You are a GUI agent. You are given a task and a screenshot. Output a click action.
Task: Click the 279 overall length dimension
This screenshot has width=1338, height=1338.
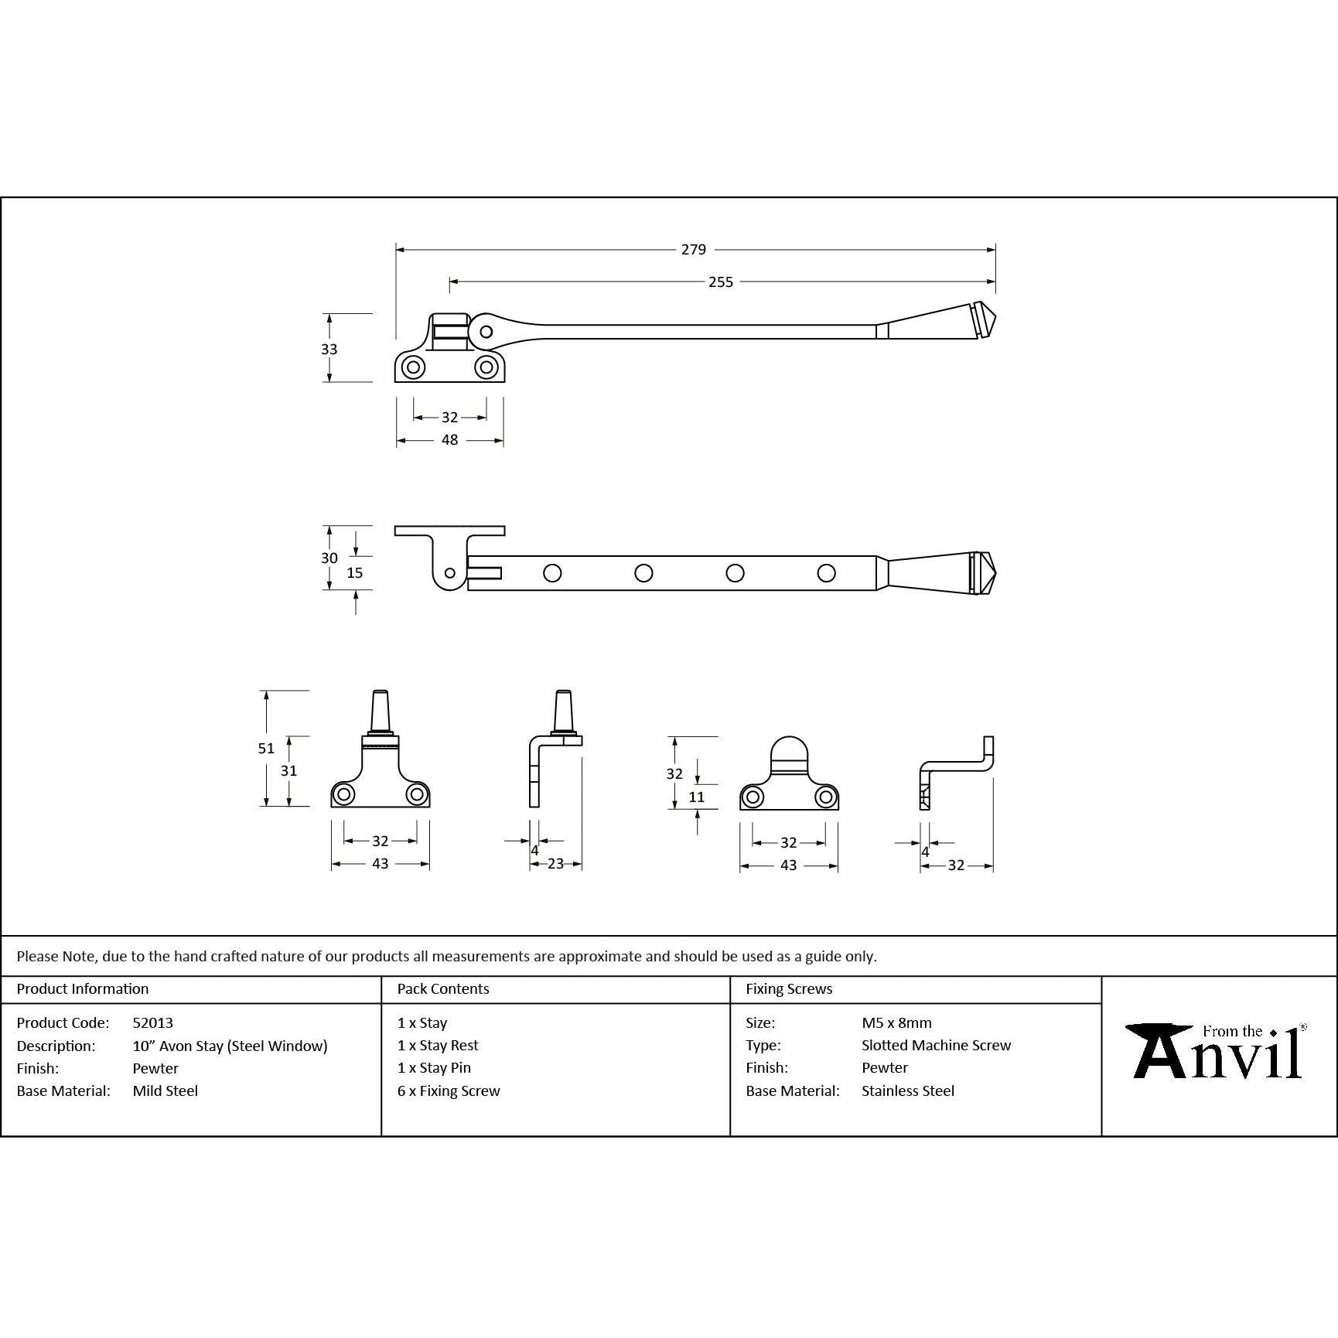pyautogui.click(x=693, y=250)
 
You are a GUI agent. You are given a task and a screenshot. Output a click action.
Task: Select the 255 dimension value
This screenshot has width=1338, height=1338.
pyautogui.click(x=720, y=282)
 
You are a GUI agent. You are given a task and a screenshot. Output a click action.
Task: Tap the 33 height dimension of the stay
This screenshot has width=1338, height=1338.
pyautogui.click(x=329, y=349)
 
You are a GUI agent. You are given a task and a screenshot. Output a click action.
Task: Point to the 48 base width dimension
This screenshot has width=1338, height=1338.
pyautogui.click(x=449, y=440)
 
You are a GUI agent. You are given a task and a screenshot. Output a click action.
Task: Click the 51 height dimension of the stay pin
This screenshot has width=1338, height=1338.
pyautogui.click(x=266, y=748)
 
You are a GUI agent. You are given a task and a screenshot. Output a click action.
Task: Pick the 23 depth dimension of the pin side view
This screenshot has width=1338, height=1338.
pyautogui.click(x=555, y=864)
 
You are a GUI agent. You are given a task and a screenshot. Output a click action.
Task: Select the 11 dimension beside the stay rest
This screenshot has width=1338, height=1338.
pyautogui.click(x=696, y=797)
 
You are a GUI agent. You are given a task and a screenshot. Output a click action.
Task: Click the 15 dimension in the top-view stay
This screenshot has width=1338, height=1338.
pyautogui.click(x=355, y=573)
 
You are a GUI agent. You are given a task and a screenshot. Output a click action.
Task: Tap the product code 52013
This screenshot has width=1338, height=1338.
pyautogui.click(x=153, y=1022)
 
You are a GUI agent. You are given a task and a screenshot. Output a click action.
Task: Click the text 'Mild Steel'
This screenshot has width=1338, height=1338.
pyautogui.click(x=166, y=1091)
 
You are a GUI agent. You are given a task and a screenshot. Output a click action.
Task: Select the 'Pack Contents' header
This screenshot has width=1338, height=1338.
pyautogui.click(x=443, y=988)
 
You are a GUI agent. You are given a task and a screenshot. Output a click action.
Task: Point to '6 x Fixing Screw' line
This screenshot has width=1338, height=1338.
pyautogui.click(x=449, y=1091)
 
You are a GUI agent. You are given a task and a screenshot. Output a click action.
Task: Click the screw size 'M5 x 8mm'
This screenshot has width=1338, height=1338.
pyautogui.click(x=896, y=1022)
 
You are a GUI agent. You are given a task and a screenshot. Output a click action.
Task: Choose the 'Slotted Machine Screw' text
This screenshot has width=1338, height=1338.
pyautogui.click(x=936, y=1045)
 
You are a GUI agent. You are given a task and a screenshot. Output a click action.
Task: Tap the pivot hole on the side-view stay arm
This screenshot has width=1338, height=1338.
pyautogui.click(x=486, y=333)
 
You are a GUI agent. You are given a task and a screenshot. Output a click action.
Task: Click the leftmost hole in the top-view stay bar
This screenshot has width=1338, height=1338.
pyautogui.click(x=552, y=573)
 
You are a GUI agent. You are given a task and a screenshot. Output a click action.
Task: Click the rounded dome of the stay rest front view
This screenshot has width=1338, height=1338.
pyautogui.click(x=789, y=749)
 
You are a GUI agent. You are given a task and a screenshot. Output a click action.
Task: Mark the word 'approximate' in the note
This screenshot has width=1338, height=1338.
pyautogui.click(x=599, y=956)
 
